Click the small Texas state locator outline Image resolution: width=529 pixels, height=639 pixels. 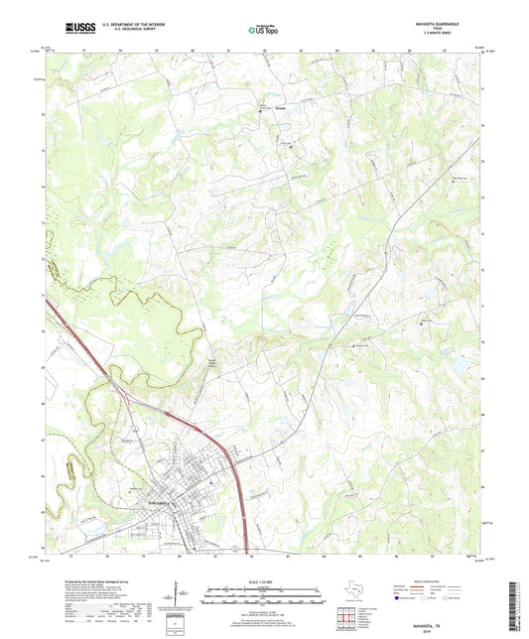tap(350, 592)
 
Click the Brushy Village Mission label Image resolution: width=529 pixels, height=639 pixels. tap(210, 363)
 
